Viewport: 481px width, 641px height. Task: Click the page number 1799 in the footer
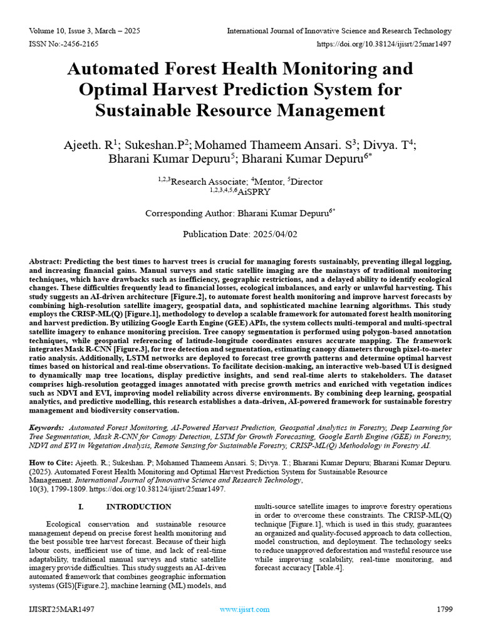tap(443, 609)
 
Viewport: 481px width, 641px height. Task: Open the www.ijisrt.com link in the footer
tap(245, 609)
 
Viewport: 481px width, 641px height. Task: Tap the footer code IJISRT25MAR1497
tap(61, 609)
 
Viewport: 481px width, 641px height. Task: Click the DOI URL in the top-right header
tap(384, 44)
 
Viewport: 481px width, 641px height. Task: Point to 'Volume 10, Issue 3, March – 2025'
tap(85, 31)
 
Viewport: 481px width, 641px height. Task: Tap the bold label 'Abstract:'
tap(46, 260)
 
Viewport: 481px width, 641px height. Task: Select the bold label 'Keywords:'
tap(47, 428)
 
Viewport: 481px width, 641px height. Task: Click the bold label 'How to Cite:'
tap(51, 463)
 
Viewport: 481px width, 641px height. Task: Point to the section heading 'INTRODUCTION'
tap(138, 506)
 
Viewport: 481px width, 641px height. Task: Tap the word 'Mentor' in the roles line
tap(269, 182)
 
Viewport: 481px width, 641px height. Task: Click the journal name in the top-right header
tap(339, 31)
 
